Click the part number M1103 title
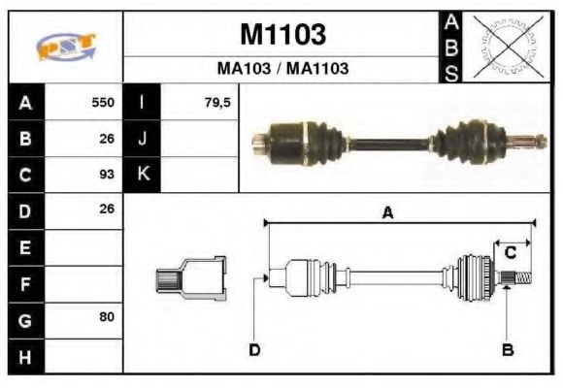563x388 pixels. pos(281,35)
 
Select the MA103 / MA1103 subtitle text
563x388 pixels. pos(281,70)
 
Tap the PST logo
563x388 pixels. pos(65,47)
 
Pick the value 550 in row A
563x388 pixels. pos(103,103)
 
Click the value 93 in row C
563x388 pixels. pos(107,175)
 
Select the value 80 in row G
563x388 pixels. pos(107,318)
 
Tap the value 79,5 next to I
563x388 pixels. pos(217,103)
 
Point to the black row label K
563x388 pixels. pos(142,175)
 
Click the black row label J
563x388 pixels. pos(142,139)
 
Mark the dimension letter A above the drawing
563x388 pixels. pos(387,214)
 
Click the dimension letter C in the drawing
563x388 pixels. pos(510,253)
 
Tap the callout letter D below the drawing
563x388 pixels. pos(254,349)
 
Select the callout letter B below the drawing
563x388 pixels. pos(507,349)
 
